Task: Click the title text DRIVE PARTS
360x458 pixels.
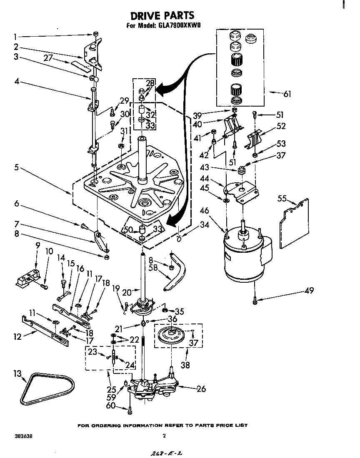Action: pos(162,15)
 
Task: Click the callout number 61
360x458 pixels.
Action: pos(287,94)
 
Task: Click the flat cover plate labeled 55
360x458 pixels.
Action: pos(294,223)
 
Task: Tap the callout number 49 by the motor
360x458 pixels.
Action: pos(309,291)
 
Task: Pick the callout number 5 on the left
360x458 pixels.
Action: pos(15,167)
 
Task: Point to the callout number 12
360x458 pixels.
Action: pos(17,337)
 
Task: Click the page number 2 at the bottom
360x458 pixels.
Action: pos(164,436)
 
